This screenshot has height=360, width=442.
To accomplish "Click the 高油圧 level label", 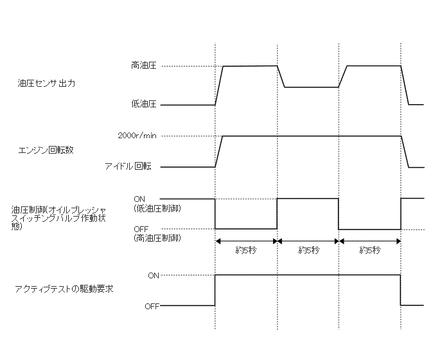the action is pyautogui.click(x=143, y=66).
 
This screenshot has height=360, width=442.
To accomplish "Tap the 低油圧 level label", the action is pyautogui.click(x=143, y=104).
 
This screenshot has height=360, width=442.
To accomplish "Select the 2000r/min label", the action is pyautogui.click(x=137, y=136).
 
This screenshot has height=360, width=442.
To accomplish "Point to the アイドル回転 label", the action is pyautogui.click(x=128, y=166).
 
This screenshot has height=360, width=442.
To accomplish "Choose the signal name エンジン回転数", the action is pyautogui.click(x=46, y=150).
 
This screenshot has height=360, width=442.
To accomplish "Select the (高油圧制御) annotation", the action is pyautogui.click(x=157, y=239).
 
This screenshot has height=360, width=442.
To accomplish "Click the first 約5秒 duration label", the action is pyautogui.click(x=246, y=250).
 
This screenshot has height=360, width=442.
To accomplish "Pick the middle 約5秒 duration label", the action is pyautogui.click(x=308, y=250).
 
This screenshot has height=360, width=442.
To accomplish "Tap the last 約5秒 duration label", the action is pyautogui.click(x=370, y=250).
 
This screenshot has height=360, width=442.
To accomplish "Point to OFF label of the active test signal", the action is pyautogui.click(x=152, y=306).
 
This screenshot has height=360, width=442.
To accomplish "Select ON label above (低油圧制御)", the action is pyautogui.click(x=139, y=198).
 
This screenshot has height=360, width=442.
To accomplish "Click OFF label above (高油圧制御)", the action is pyautogui.click(x=141, y=229).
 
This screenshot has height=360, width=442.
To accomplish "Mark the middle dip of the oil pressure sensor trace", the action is pyautogui.click(x=311, y=87).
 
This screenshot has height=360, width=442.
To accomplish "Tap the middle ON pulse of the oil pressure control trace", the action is pyautogui.click(x=308, y=199).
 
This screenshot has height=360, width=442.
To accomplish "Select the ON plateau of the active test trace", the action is pyautogui.click(x=308, y=275).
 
